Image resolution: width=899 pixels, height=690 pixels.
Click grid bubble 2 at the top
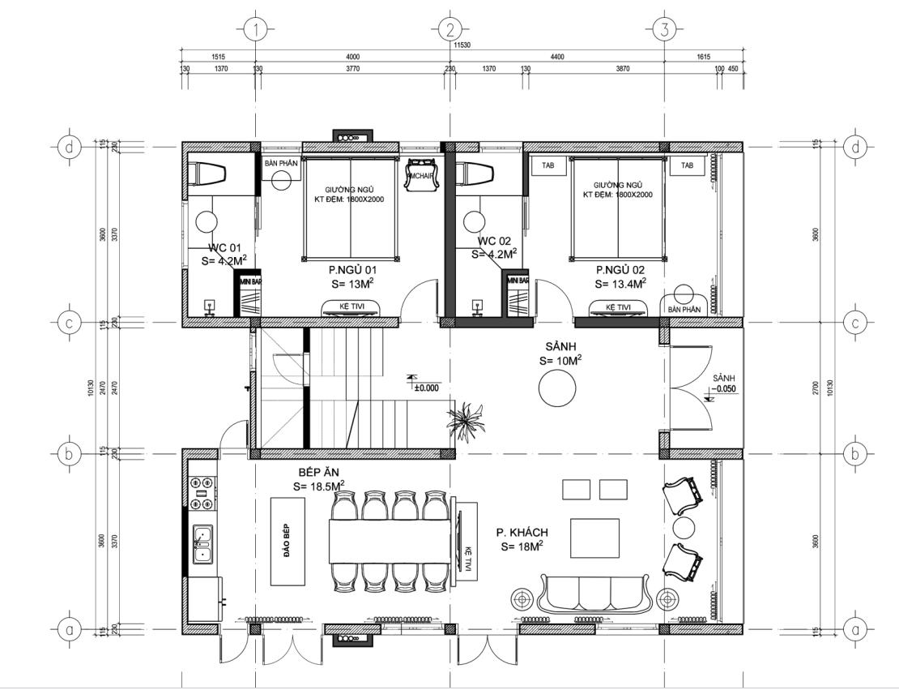449,30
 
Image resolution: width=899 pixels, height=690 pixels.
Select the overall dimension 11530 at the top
462,46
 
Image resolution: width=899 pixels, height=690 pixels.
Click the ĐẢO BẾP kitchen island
288,542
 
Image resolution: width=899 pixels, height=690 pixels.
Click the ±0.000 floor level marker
424,387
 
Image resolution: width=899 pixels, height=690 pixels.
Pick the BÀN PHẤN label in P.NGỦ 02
684,309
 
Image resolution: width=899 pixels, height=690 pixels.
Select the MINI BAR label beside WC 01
249,281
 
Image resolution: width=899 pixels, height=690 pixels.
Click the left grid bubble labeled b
69,454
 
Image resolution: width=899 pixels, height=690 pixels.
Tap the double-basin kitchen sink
202,545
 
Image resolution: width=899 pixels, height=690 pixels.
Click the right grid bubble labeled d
855,147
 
